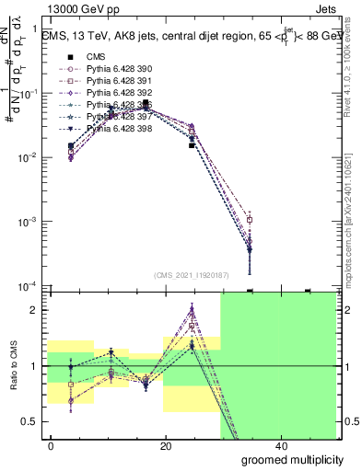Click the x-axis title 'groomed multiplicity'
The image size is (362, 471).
click(x=286, y=459)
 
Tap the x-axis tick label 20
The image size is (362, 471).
click(x=166, y=446)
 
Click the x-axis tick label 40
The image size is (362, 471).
click(x=280, y=446)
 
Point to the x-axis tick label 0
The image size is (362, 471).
click(x=52, y=446)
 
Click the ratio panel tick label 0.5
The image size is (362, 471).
click(x=30, y=421)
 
